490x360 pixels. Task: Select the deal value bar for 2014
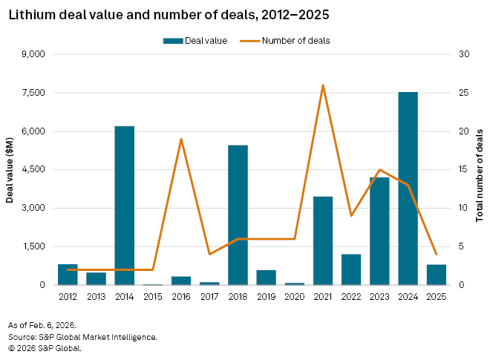coord(124,206)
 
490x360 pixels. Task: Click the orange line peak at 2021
coord(323,85)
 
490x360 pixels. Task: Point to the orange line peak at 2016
coord(181,139)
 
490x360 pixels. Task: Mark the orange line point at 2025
coord(437,254)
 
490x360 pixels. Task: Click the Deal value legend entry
coord(195,41)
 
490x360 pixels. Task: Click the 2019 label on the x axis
coord(266,297)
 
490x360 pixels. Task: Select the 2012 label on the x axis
coord(68,297)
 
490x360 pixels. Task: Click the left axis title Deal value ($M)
coord(10,170)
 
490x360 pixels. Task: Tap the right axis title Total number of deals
coord(480,170)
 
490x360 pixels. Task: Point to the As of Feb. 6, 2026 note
coord(42,325)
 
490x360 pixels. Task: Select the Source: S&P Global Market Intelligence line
coord(82,336)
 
